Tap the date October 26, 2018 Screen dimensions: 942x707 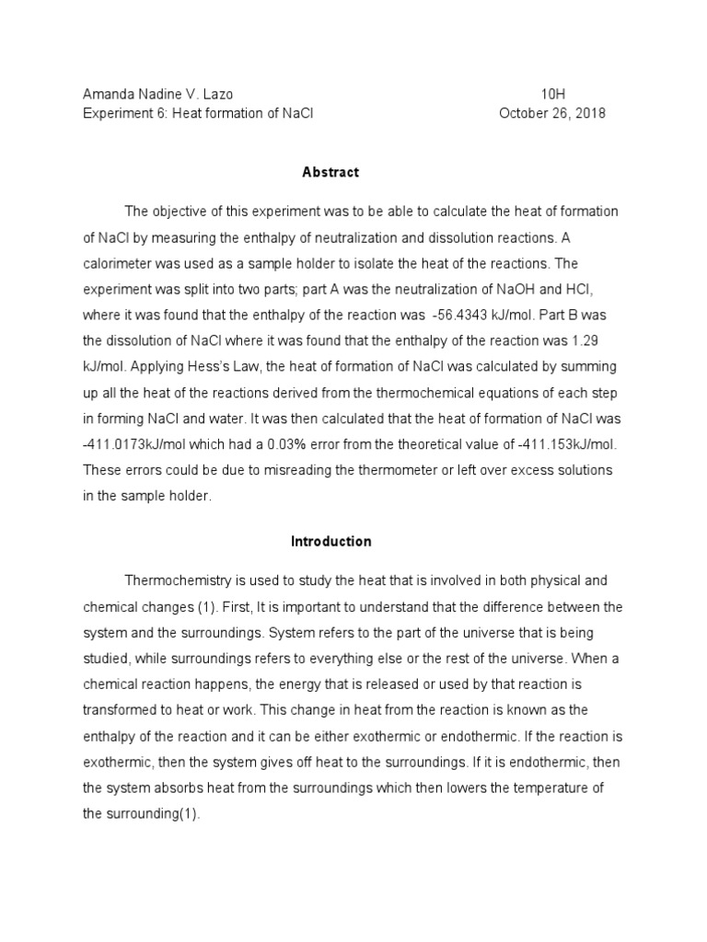coord(552,113)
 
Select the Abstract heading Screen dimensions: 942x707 coord(330,172)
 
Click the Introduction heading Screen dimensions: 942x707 coord(330,542)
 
